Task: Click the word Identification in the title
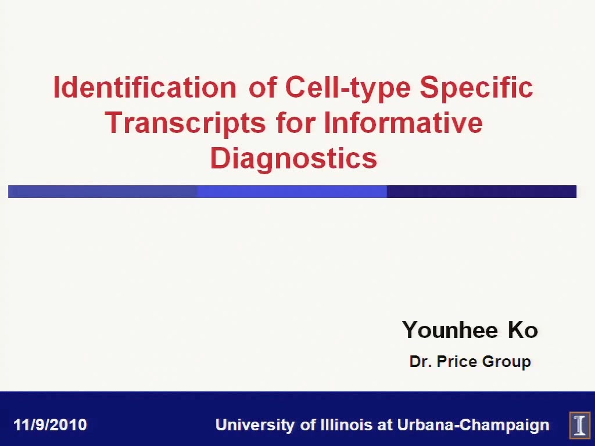pos(145,87)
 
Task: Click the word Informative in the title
pos(403,123)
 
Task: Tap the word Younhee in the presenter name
pos(450,330)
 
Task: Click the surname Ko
pos(523,330)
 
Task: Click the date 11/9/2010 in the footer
pos(50,425)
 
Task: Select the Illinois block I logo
pos(580,425)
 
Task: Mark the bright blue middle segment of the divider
pos(292,192)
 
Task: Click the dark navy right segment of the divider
pos(482,192)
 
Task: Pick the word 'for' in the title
pos(296,123)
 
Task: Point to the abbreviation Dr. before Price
pos(421,361)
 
